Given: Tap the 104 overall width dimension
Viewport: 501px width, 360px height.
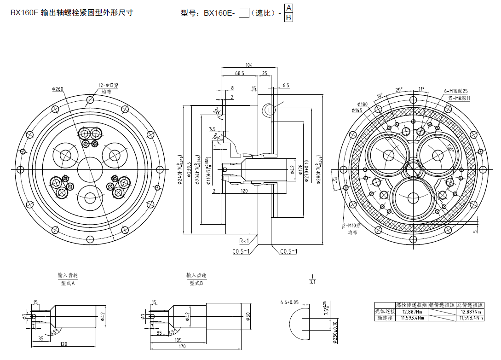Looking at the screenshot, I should tap(249, 65).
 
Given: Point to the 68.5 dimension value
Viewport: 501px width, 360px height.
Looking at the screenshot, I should tap(240, 73).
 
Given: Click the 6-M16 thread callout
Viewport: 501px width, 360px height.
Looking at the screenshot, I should tap(455, 91).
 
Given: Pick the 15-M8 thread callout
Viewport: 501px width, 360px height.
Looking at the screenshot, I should tap(457, 98).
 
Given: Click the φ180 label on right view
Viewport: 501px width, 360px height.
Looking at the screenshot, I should tap(362, 104).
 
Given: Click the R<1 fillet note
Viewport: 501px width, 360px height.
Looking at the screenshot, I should tap(244, 241).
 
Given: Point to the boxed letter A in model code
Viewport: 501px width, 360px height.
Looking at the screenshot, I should tap(288, 8).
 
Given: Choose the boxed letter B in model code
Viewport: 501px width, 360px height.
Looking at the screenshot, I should tap(288, 17).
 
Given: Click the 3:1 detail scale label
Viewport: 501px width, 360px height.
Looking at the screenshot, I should tap(312, 282).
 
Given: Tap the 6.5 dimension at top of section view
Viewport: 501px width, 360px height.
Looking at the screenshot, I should tap(286, 85).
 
